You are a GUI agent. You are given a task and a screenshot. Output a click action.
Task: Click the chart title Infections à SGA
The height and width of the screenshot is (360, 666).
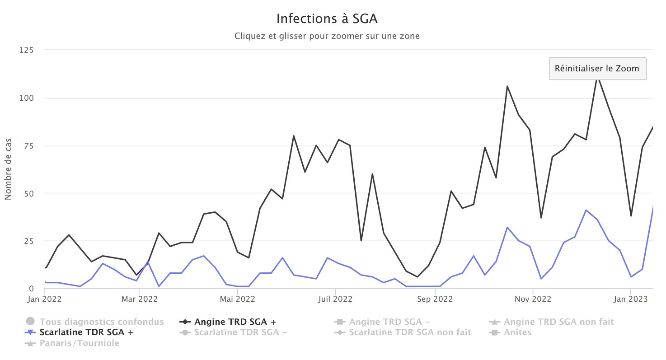click(327, 19)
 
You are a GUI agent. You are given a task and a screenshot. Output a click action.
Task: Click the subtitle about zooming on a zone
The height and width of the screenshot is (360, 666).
click(327, 36)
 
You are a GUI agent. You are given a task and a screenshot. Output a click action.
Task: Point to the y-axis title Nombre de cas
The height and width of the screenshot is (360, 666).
click(8, 170)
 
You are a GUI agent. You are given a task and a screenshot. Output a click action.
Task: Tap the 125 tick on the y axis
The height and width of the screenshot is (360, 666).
click(26, 50)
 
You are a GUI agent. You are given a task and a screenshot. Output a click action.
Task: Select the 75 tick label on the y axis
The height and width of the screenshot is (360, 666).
click(28, 146)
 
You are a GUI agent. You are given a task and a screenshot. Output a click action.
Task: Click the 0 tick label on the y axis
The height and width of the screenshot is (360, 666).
click(31, 289)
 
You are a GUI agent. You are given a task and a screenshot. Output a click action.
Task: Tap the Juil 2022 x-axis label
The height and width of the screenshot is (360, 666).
click(335, 299)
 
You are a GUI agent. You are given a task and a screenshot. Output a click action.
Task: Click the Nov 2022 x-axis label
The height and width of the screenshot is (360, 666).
click(533, 299)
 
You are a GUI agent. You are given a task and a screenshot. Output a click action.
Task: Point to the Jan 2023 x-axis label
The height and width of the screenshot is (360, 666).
click(631, 299)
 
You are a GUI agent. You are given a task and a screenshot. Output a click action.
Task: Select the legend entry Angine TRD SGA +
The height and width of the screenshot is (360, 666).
click(235, 322)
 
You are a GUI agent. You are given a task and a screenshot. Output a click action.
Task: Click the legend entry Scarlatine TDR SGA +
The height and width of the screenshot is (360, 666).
click(87, 332)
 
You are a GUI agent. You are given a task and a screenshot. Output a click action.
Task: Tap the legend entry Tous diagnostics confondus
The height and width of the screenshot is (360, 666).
click(102, 322)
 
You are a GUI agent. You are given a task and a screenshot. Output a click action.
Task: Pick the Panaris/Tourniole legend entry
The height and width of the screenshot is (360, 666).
click(80, 343)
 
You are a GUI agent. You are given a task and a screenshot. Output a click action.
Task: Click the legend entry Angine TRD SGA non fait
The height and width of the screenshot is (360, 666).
click(558, 322)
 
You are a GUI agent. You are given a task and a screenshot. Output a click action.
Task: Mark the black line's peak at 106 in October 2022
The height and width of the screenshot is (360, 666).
click(507, 86)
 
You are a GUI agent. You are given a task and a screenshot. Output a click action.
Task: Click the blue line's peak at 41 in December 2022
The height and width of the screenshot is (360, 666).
click(586, 210)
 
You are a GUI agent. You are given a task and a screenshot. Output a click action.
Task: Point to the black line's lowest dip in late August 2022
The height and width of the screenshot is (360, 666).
click(417, 277)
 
